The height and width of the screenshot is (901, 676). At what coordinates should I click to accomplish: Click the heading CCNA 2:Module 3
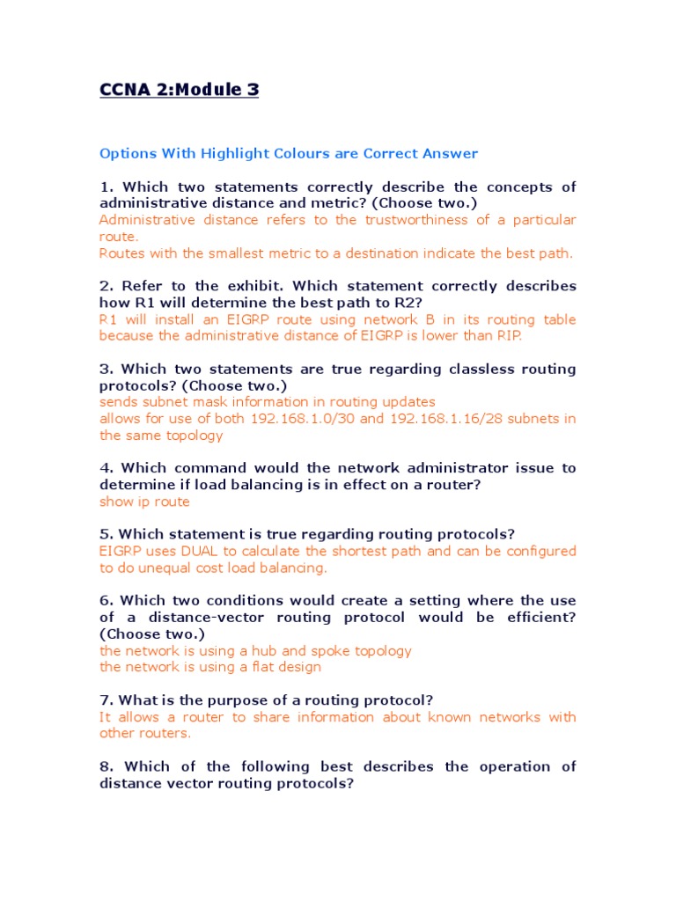tap(179, 89)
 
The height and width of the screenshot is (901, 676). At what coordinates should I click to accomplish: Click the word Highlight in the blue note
tap(230, 153)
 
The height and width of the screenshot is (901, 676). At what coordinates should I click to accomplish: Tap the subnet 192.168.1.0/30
tap(305, 418)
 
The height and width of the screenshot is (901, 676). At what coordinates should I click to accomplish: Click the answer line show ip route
tap(144, 502)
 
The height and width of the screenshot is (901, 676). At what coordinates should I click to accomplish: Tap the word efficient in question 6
tap(538, 618)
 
